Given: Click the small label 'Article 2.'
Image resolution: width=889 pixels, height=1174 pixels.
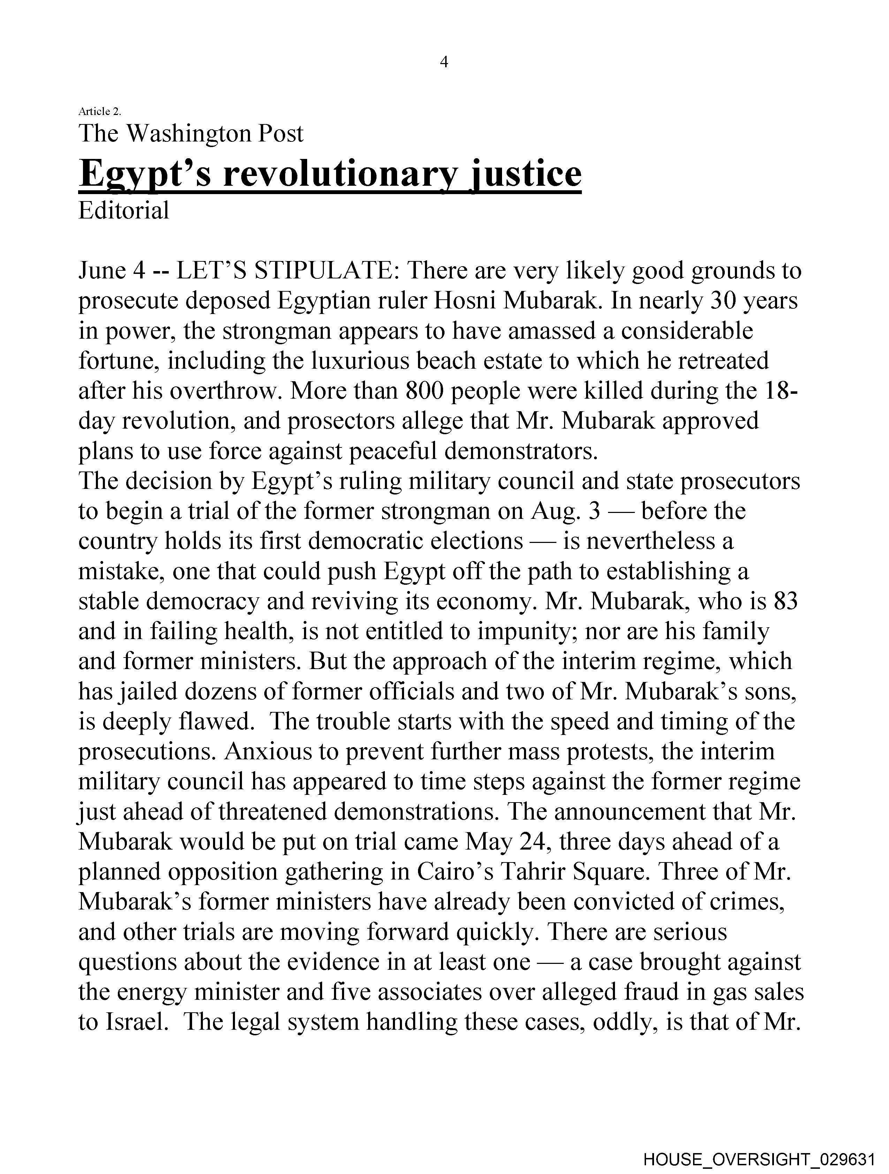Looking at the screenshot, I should (x=99, y=112).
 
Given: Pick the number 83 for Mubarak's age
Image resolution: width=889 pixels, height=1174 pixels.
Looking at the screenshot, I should (x=785, y=601).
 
